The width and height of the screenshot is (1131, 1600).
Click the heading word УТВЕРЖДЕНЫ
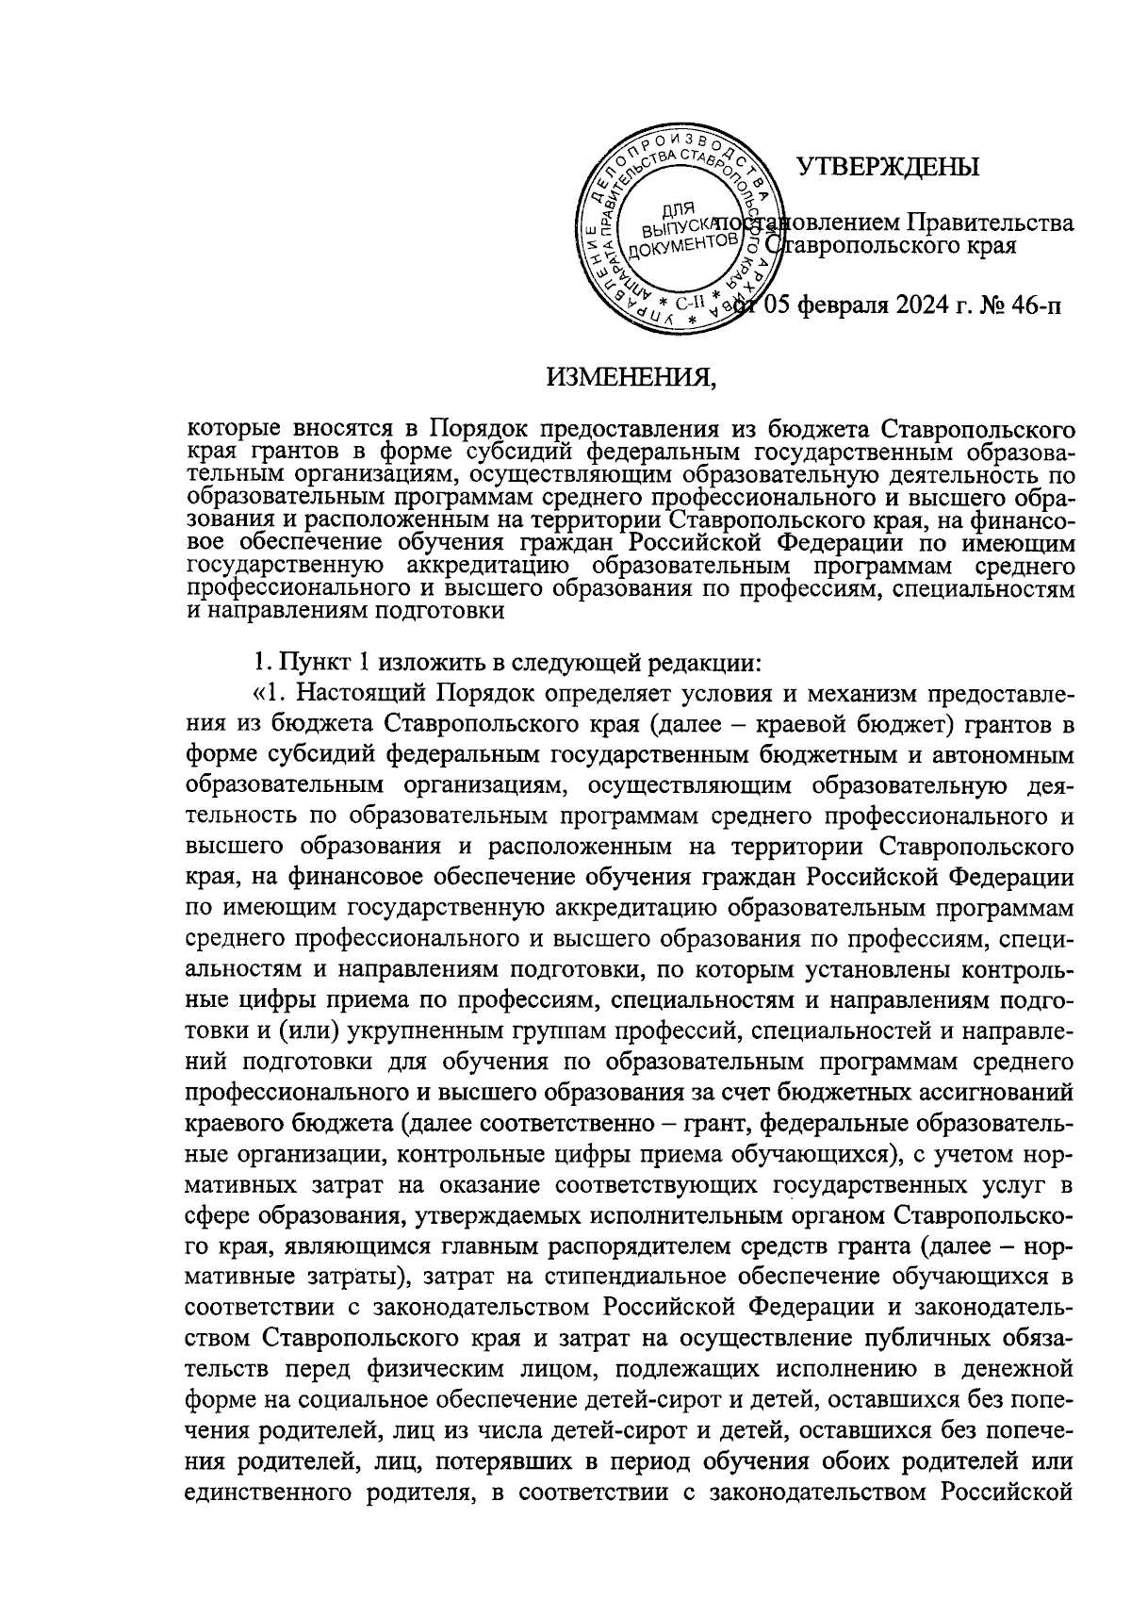888,168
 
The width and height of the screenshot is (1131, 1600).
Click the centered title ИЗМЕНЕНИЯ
631,379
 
